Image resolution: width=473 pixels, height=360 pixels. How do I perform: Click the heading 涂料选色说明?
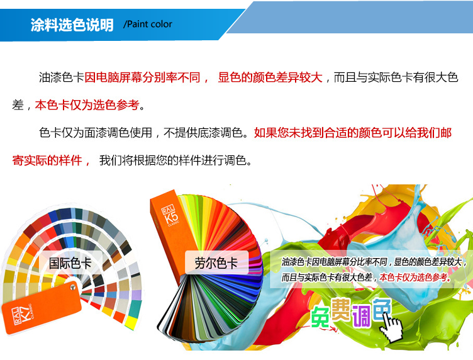pos(72,25)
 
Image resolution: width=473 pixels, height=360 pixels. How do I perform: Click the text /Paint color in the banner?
pos(148,24)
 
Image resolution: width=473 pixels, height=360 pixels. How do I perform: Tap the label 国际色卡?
pos(70,263)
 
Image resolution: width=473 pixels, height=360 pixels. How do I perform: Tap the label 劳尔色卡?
pos(216,263)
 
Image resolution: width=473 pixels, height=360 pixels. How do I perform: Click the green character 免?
pos(320,317)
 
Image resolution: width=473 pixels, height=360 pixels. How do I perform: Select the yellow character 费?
pos(341,309)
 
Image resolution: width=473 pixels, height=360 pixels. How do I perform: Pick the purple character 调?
pos(362,316)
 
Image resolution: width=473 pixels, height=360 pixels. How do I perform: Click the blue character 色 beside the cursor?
pos(382,309)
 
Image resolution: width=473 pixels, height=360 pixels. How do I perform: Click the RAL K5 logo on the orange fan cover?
pos(170,215)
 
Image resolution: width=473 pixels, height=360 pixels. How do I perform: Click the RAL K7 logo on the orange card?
pos(23,315)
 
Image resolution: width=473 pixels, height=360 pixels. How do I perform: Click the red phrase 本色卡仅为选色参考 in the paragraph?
pos(87,105)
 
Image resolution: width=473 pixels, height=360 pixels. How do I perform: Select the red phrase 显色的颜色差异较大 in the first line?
pos(270,77)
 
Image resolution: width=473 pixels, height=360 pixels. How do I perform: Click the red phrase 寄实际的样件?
pos(47,160)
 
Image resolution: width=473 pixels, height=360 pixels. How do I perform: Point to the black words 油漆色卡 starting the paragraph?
pos(61,77)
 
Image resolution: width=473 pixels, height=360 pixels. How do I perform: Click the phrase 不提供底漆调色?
pos(203,133)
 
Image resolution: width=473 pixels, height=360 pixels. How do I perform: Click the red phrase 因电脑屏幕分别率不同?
pos(142,77)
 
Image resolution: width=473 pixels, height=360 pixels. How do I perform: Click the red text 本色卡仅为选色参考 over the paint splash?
pos(413,277)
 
